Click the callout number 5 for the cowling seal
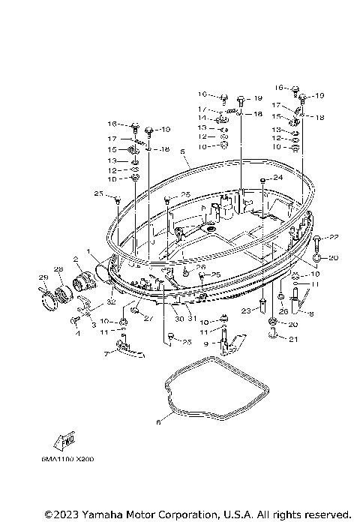coord(182,151)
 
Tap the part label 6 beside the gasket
coord(158,423)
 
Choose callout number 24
coord(277,178)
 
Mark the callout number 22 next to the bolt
coord(334,237)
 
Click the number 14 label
coord(203,118)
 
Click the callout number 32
coord(109,301)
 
